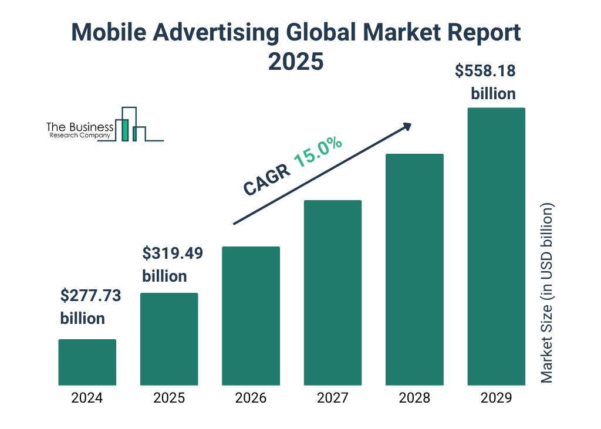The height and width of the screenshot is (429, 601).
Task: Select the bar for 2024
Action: tap(87, 362)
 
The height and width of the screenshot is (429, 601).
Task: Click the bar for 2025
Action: tap(169, 339)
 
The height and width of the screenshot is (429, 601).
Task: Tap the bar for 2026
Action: tap(251, 316)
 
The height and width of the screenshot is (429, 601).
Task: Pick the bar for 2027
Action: tap(332, 292)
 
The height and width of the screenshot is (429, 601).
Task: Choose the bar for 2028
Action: tap(414, 269)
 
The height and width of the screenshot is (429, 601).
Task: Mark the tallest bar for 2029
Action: tap(496, 246)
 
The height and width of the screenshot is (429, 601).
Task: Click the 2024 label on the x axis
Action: tap(87, 398)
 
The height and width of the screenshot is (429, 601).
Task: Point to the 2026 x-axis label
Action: tap(251, 398)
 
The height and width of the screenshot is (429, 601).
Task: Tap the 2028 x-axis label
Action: tap(414, 398)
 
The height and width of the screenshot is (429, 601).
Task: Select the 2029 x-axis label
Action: tap(496, 398)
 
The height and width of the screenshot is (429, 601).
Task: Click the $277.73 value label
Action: tap(90, 296)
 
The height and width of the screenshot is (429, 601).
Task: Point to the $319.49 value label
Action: tap(173, 254)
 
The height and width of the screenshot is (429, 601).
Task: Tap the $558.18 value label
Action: tap(485, 71)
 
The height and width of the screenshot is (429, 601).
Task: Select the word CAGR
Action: tap(266, 180)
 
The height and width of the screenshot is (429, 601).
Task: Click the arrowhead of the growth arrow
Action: tap(407, 127)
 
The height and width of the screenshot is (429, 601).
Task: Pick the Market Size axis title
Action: tap(547, 293)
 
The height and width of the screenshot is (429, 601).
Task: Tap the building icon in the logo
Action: tap(130, 124)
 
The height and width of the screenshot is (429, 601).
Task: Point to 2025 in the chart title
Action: tap(296, 61)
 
